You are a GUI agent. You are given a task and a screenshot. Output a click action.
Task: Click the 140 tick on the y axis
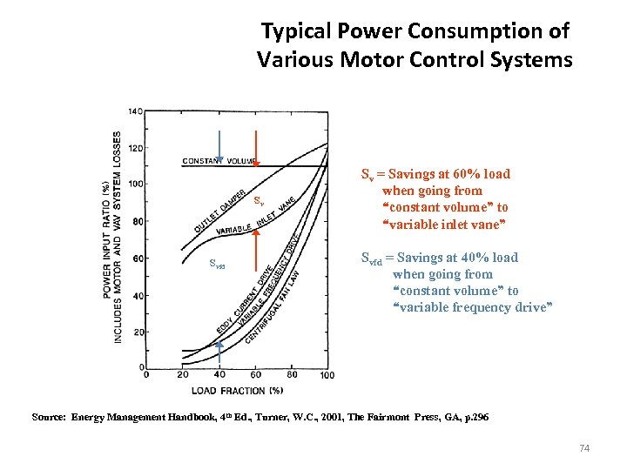(136, 111)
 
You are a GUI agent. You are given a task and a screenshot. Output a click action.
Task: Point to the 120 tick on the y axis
(136, 148)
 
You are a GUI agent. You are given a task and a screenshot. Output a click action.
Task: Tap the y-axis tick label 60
(138, 258)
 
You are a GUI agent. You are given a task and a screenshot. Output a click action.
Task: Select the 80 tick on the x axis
(291, 375)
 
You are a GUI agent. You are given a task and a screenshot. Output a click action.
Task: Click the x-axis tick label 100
(327, 375)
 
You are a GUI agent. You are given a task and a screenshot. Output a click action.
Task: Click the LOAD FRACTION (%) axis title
(238, 390)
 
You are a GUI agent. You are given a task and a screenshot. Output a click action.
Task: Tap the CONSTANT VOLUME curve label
(219, 161)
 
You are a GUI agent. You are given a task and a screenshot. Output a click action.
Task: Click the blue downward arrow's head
(220, 159)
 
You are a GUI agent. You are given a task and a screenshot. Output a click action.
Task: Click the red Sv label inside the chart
(259, 201)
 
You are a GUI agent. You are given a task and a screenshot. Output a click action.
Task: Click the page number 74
(584, 448)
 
